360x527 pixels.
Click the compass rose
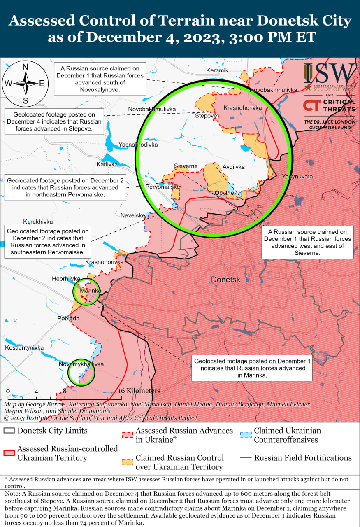point(25,83)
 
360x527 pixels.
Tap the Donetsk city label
point(225,280)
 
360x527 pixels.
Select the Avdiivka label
point(233,167)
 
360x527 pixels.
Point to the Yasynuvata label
point(297,176)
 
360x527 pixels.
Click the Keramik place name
point(217,70)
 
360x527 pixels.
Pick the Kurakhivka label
point(38,221)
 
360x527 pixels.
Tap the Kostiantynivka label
point(24,347)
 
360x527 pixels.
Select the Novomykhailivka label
point(81,364)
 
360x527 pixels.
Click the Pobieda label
point(68,318)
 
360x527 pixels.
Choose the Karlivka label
point(107,164)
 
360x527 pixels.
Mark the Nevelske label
point(132,215)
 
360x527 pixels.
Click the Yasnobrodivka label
point(138,145)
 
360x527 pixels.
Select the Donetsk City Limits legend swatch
point(9,431)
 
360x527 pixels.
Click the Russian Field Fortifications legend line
point(245,458)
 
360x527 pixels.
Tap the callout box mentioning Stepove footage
point(53,121)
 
